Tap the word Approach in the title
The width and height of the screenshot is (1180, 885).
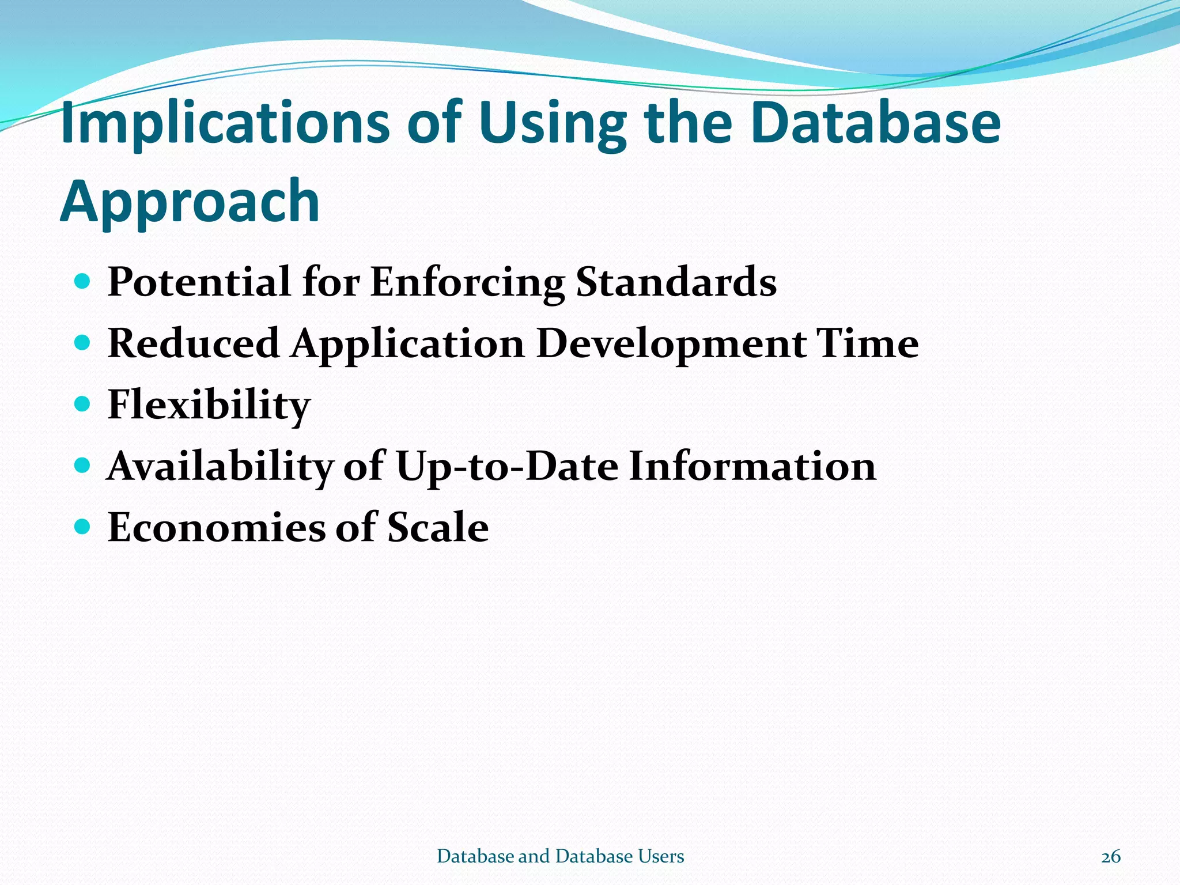click(190, 202)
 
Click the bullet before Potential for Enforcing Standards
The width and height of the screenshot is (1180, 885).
click(83, 282)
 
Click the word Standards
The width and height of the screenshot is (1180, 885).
click(676, 282)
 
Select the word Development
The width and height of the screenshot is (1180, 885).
click(671, 344)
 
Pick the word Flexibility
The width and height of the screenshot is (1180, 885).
click(209, 405)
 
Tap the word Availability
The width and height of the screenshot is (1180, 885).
click(220, 466)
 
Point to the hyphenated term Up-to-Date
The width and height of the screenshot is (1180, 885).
click(507, 466)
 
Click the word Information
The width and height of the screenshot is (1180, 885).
click(752, 466)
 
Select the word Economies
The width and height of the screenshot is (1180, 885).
click(216, 527)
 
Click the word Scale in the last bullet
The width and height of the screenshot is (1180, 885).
click(437, 527)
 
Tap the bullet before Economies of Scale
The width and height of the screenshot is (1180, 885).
click(83, 527)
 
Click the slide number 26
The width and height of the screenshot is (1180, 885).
click(1110, 857)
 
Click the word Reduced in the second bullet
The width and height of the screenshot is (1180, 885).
click(194, 344)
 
